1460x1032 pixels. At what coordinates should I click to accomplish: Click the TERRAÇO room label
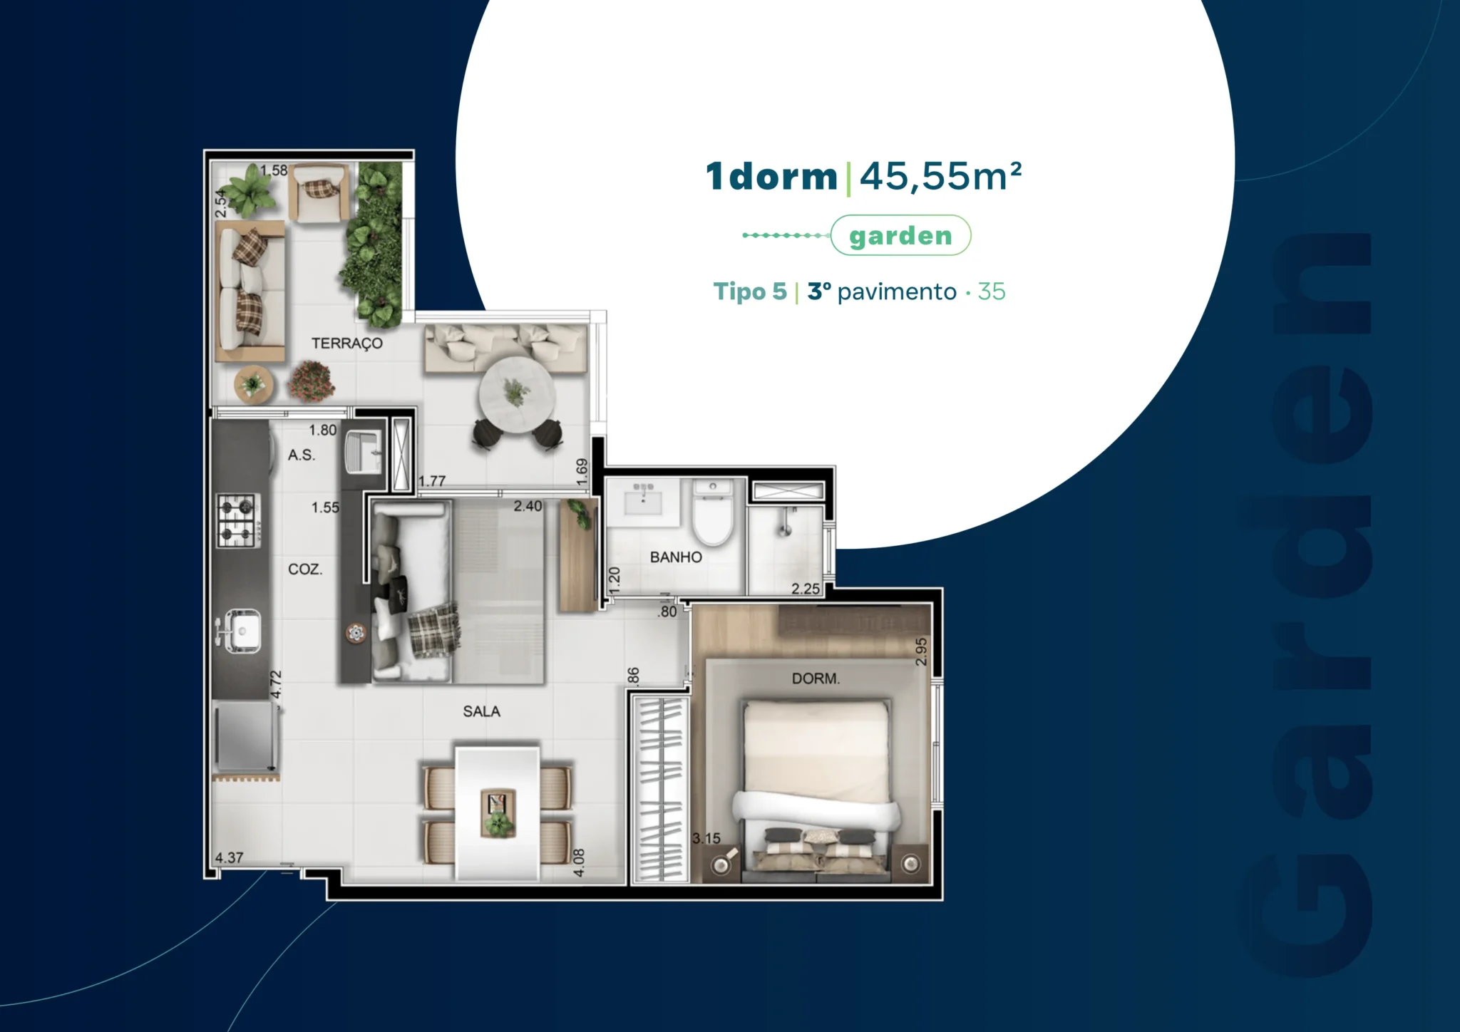347,344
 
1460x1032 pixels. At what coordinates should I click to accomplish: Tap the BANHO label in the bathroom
676,557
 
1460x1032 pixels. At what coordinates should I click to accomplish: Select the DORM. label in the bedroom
816,678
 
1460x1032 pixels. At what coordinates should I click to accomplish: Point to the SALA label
481,711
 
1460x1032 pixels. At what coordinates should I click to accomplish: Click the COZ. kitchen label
305,569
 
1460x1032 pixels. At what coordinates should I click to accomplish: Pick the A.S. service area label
301,455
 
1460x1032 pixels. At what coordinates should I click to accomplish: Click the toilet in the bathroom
713,512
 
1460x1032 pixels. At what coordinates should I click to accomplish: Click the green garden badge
900,235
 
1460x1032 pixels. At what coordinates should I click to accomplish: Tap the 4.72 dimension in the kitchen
277,685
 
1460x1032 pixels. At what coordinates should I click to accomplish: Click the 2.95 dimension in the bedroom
921,651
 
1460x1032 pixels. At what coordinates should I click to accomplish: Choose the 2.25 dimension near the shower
806,589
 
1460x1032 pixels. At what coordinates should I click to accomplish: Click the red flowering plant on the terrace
311,381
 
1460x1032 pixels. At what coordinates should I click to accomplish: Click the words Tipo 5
750,291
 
